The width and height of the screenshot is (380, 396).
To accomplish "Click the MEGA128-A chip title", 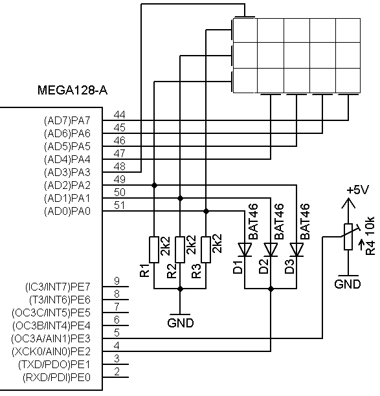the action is click(x=73, y=90).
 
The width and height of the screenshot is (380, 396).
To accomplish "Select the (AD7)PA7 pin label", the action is click(x=67, y=120).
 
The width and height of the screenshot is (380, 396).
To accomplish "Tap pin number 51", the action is click(x=120, y=205).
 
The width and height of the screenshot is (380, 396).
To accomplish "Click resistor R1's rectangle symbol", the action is click(x=154, y=250).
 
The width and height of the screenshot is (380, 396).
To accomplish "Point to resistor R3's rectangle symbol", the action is click(x=206, y=250).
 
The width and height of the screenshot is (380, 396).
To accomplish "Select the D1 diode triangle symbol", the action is click(x=245, y=250).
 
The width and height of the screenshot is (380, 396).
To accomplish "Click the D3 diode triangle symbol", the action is click(x=296, y=250).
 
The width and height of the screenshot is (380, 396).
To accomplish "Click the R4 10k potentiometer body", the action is click(x=348, y=237).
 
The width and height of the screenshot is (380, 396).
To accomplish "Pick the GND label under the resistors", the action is click(x=181, y=323).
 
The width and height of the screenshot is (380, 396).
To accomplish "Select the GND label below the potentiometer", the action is click(x=348, y=284).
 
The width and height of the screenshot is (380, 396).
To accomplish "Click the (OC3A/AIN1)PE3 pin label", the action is click(x=50, y=338).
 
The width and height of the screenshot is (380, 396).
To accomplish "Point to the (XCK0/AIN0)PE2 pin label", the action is click(x=51, y=351).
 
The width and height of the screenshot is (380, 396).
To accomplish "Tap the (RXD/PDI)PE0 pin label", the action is click(x=56, y=377).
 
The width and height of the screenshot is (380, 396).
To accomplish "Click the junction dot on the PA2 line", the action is click(x=154, y=185).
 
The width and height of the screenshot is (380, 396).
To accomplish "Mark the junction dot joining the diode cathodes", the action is click(x=271, y=289).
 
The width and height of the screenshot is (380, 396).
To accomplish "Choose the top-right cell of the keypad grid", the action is click(x=348, y=30).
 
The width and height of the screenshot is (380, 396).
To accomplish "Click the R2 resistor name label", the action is click(x=172, y=270).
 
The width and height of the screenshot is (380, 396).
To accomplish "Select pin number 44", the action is click(x=120, y=115).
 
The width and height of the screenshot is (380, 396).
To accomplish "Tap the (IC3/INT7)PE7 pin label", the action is click(x=58, y=287).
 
